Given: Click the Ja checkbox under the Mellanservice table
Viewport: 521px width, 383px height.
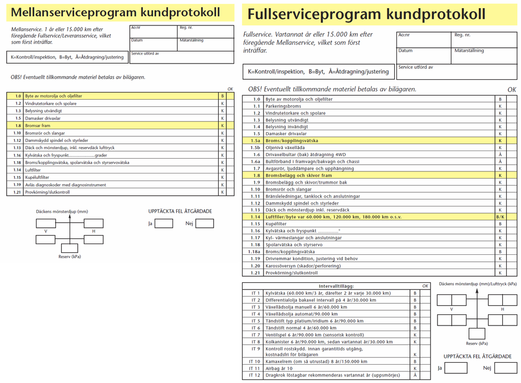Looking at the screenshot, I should click(x=163, y=223).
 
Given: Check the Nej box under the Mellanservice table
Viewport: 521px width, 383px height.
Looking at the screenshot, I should click(x=205, y=223).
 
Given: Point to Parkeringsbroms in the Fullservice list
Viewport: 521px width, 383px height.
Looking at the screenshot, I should click(x=284, y=106).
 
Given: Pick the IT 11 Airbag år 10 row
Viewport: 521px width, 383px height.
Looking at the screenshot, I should click(x=279, y=368).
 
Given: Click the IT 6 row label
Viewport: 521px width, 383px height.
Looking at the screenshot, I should click(x=255, y=328).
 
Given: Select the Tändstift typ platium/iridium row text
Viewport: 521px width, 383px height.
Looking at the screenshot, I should click(x=314, y=321).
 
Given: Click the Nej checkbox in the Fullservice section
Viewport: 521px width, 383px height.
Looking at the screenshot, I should click(x=505, y=368).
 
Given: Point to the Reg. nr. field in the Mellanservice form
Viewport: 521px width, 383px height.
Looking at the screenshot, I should click(x=205, y=31).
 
